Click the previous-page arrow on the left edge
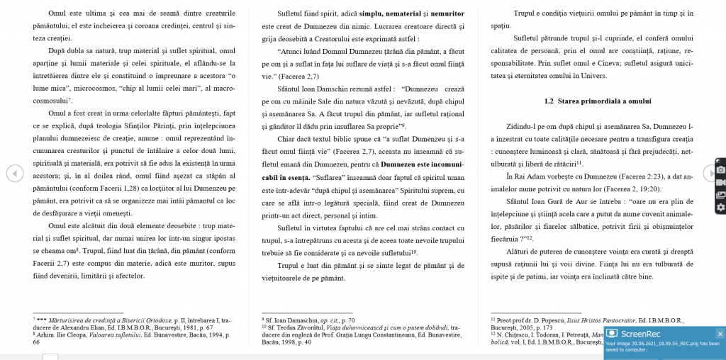(13, 172)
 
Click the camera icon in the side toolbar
(720, 170)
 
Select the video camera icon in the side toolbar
(720, 182)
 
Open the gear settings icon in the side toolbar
(720, 207)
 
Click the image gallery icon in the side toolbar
(720, 195)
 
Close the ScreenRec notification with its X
(720, 334)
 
